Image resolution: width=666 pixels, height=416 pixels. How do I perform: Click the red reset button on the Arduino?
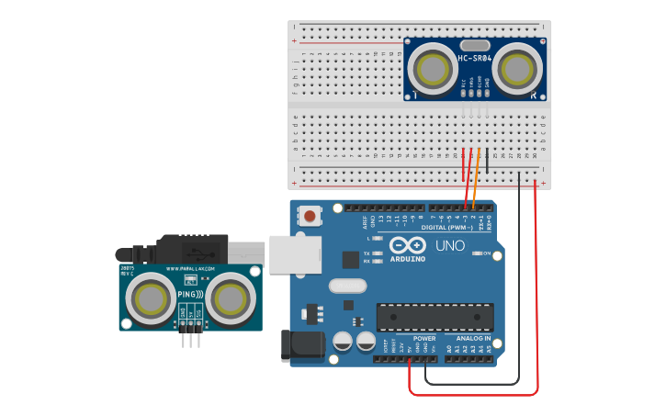(311, 218)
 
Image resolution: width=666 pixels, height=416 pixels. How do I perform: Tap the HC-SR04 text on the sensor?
(475, 59)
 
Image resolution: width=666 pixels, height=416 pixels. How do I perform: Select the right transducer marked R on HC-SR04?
(517, 69)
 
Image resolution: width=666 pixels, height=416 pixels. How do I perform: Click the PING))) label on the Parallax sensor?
(189, 294)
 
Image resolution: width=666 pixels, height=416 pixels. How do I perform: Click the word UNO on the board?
(449, 246)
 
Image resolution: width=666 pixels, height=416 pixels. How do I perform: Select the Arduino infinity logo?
(407, 246)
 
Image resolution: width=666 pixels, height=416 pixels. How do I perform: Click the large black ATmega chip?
(435, 317)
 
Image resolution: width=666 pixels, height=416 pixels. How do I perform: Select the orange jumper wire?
(476, 179)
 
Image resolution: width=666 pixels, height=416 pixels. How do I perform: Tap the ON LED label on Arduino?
(487, 253)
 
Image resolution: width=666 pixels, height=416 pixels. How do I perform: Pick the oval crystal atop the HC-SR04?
(475, 45)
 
